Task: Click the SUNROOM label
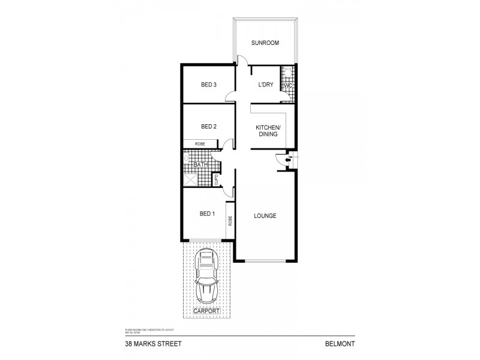(265, 43)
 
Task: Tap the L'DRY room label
(265, 85)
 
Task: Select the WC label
(287, 85)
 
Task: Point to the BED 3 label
(208, 85)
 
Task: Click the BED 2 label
(208, 127)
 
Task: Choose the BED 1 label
(207, 214)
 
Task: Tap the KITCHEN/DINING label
(267, 131)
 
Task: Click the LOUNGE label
(265, 216)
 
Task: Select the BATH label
(200, 164)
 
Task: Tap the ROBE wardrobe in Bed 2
(199, 144)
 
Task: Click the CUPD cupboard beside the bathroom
(217, 179)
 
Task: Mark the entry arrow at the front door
(288, 159)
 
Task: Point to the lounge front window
(265, 261)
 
